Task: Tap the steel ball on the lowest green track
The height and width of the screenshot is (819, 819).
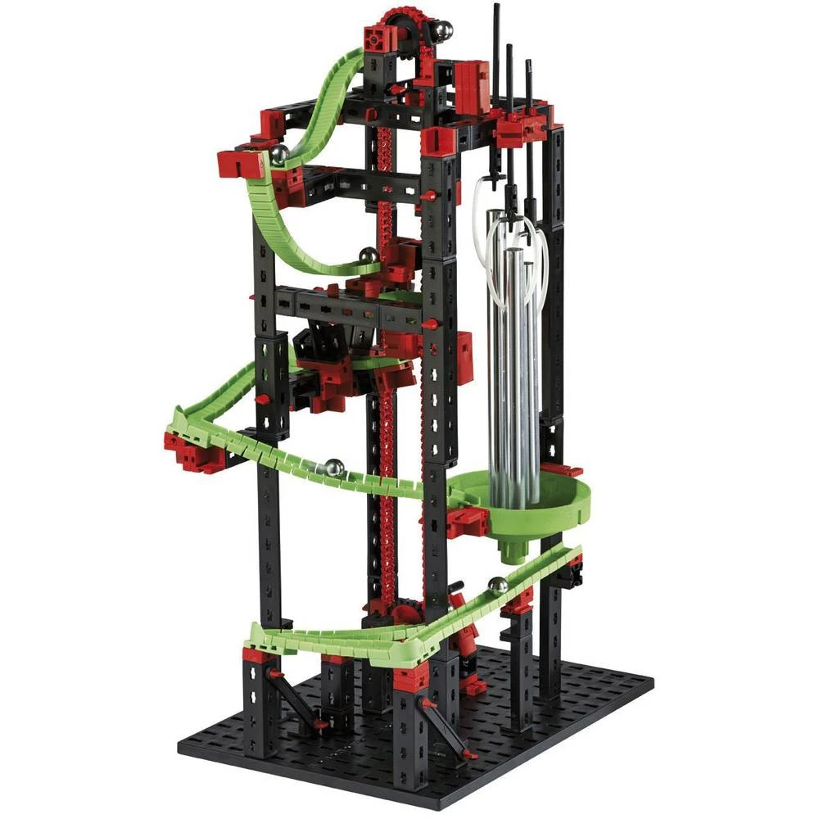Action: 496,586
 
